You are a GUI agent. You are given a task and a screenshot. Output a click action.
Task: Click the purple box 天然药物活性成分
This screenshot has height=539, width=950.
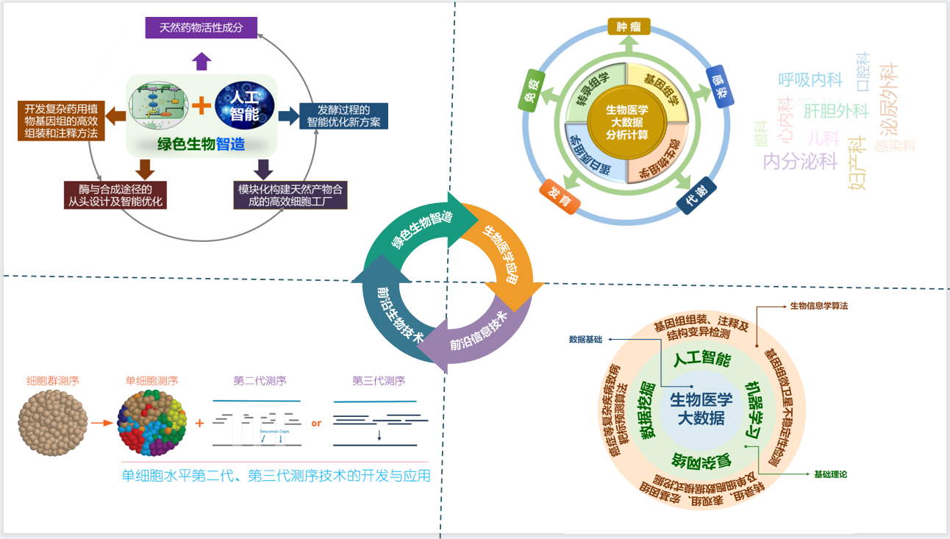[201, 29]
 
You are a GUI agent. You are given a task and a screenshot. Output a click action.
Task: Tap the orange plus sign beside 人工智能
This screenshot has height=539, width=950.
[201, 107]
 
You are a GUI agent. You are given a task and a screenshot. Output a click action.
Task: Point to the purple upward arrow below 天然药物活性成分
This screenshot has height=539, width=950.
[201, 60]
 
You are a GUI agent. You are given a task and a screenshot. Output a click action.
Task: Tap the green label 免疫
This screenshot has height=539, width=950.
[532, 90]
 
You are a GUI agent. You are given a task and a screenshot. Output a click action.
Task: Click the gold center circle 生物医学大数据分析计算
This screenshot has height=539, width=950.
[626, 122]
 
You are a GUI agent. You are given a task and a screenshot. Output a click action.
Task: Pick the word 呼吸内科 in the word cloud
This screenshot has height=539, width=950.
[810, 79]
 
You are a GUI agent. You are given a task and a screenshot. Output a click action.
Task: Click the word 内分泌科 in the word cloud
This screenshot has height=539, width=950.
[800, 161]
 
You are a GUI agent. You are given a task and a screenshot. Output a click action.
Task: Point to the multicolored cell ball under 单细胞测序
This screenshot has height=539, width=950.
[152, 423]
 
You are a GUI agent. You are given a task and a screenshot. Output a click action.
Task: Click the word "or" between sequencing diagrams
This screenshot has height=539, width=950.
[316, 423]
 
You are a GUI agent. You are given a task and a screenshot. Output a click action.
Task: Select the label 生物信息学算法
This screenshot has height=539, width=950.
[818, 305]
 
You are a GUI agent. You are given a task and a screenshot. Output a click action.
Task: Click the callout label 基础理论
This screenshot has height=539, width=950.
[830, 474]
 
